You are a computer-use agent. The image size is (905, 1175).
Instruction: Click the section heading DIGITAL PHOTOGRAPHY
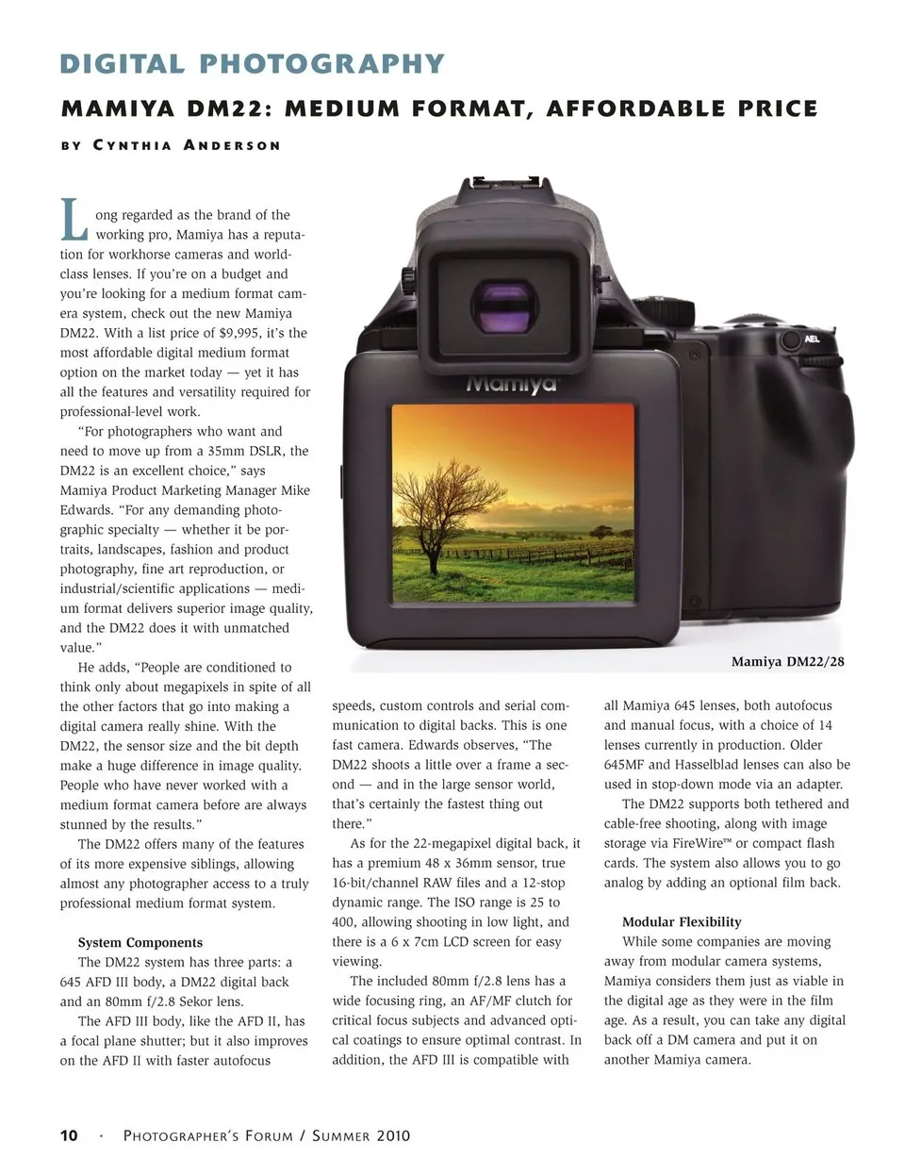(252, 64)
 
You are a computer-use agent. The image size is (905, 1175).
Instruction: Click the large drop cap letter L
(74, 219)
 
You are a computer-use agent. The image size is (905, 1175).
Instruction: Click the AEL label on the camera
(812, 339)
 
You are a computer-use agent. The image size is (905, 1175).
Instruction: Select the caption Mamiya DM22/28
(787, 662)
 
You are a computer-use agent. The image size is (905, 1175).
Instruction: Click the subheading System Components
(140, 942)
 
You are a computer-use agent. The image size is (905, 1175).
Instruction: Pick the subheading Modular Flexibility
(682, 921)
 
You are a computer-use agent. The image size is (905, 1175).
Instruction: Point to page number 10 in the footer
(69, 1135)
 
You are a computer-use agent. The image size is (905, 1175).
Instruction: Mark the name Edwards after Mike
(87, 510)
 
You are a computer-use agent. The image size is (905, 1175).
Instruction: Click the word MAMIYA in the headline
(118, 109)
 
